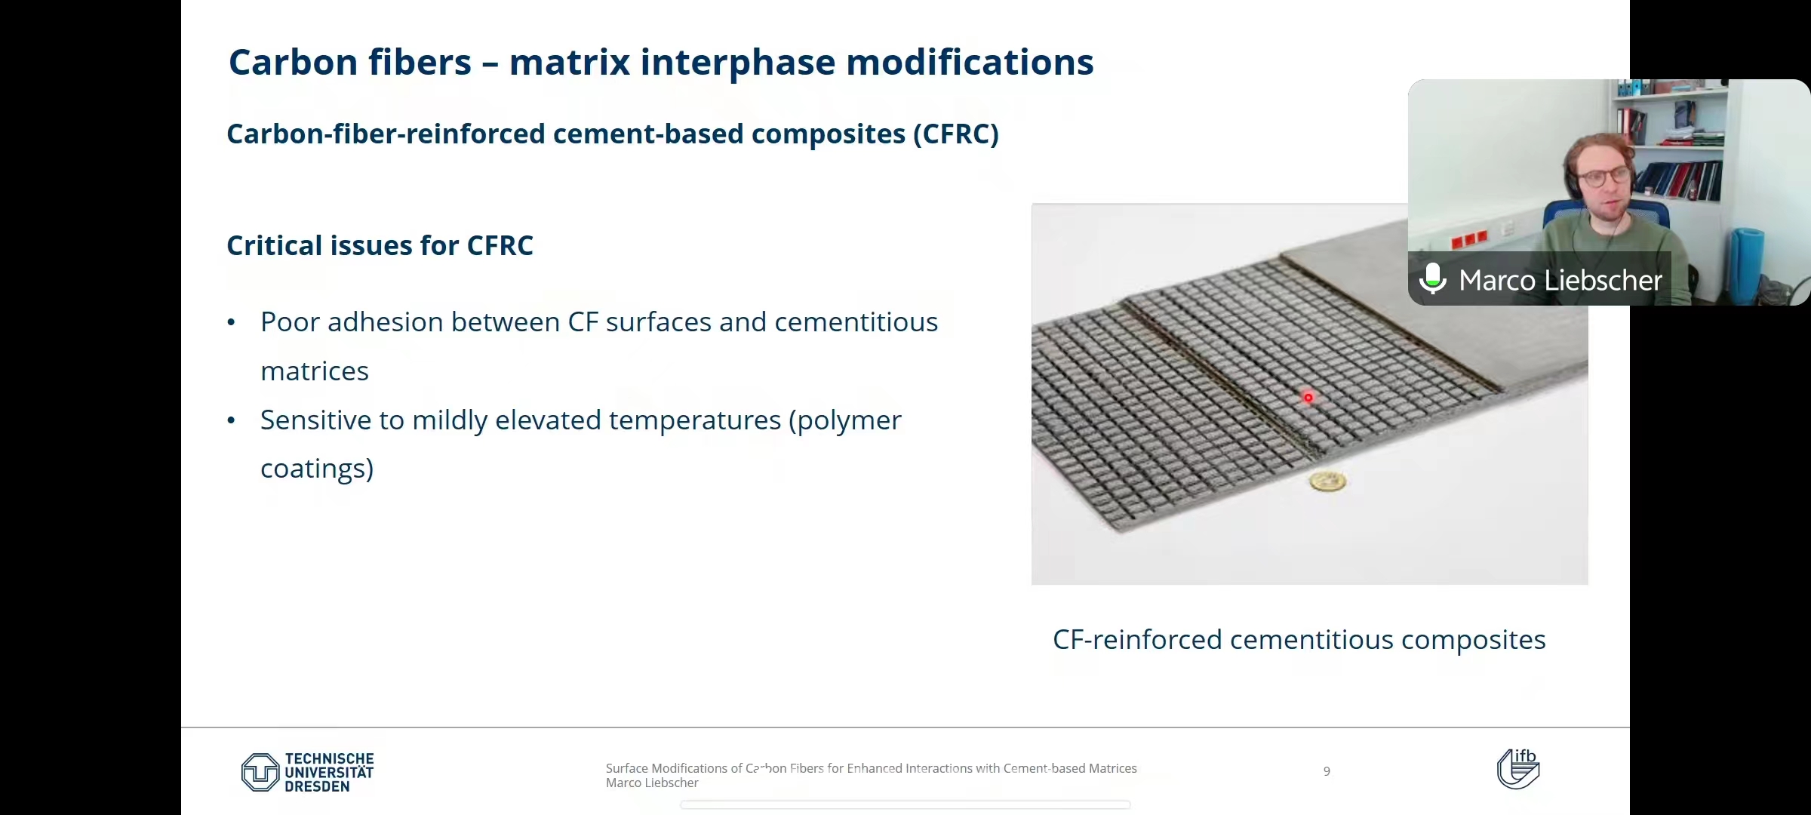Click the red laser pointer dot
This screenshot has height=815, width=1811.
point(1308,398)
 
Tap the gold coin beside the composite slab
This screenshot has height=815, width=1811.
point(1328,481)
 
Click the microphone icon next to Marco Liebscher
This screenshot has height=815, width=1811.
point(1432,278)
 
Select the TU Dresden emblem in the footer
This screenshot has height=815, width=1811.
point(260,772)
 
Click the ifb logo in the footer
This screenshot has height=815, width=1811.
point(1518,768)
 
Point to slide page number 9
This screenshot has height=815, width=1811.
point(1327,771)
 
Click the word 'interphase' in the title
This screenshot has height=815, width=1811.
point(738,63)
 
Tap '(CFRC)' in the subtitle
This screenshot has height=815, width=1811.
point(955,134)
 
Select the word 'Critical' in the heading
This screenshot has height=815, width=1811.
point(275,245)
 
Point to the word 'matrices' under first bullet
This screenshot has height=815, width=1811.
point(315,371)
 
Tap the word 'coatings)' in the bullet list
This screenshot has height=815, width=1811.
point(317,469)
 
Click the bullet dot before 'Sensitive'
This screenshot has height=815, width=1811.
point(232,420)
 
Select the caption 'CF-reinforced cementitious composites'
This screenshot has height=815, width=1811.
point(1299,640)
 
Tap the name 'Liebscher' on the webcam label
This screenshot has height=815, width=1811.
point(1603,280)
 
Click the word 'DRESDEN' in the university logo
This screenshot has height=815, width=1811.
point(318,786)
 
